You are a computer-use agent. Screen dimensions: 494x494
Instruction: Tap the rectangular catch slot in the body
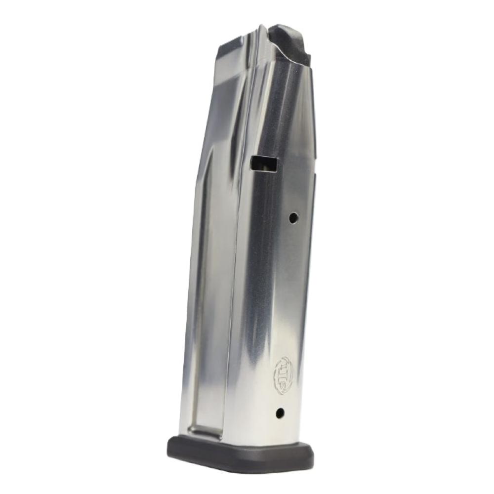click(x=264, y=164)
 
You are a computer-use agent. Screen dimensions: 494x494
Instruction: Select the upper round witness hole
click(x=293, y=217)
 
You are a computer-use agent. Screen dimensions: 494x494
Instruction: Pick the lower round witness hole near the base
click(x=280, y=412)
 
